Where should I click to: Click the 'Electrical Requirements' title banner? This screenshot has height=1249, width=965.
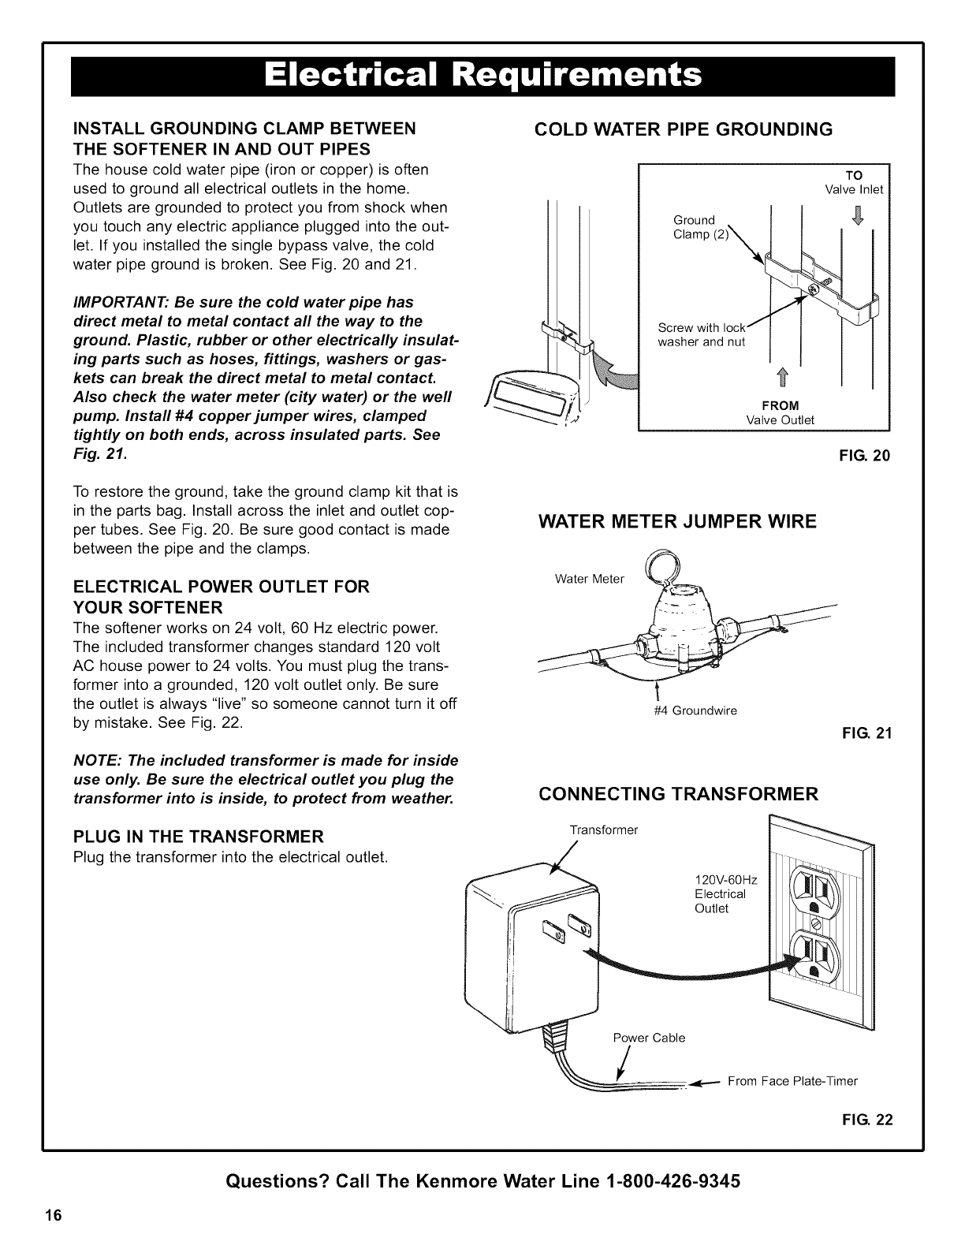482,76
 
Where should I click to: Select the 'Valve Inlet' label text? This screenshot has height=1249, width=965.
854,189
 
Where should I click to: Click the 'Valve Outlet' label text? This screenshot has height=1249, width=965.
780,419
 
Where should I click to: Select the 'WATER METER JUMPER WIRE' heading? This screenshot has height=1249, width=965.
677,521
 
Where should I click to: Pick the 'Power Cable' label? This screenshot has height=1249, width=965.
649,1038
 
